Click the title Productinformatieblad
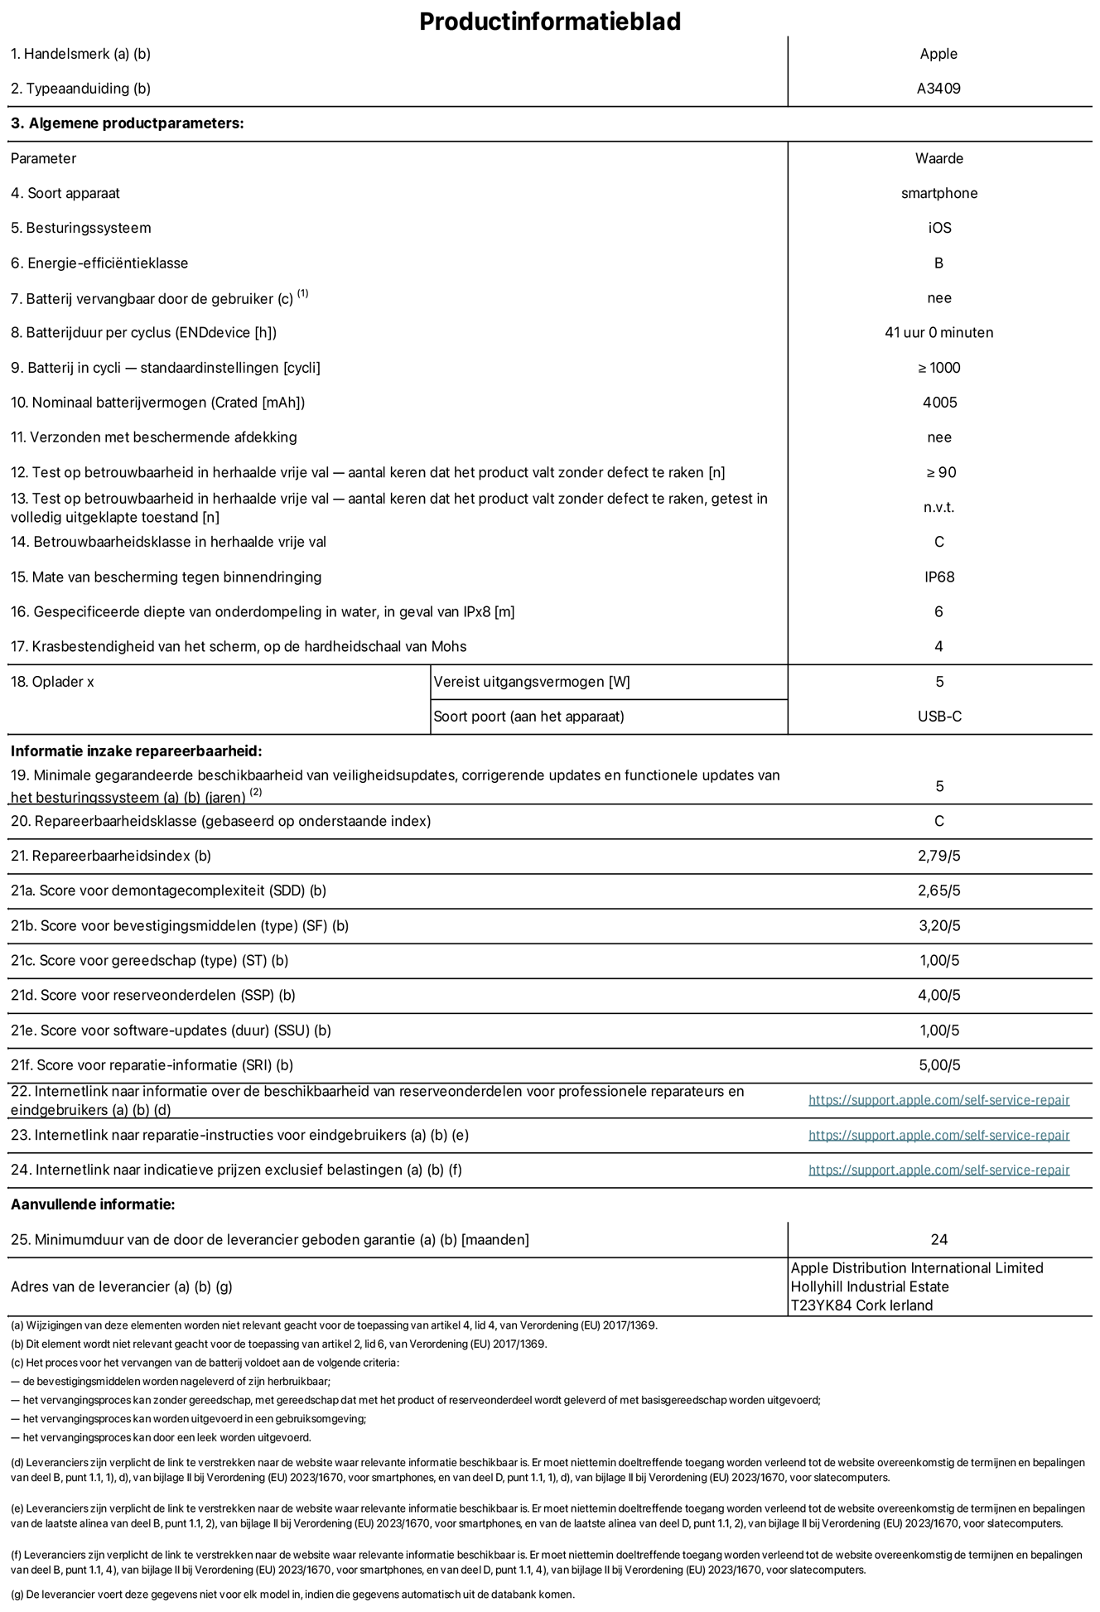coord(549,22)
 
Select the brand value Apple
coord(938,54)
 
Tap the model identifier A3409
coord(938,89)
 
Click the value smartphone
coord(938,193)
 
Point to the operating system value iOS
coord(939,228)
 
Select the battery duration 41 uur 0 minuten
coord(938,333)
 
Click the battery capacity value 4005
coord(939,403)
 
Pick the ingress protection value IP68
coord(939,577)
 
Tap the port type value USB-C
coord(939,717)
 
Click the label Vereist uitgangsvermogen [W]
coord(531,682)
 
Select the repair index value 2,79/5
coord(938,856)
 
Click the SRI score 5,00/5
coord(938,1065)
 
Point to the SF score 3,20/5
coord(938,926)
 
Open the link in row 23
coord(938,1136)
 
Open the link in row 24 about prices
coord(938,1170)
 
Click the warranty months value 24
coord(938,1240)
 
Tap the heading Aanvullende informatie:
coord(93,1204)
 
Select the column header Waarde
coord(939,158)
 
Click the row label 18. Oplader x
coord(52,682)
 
